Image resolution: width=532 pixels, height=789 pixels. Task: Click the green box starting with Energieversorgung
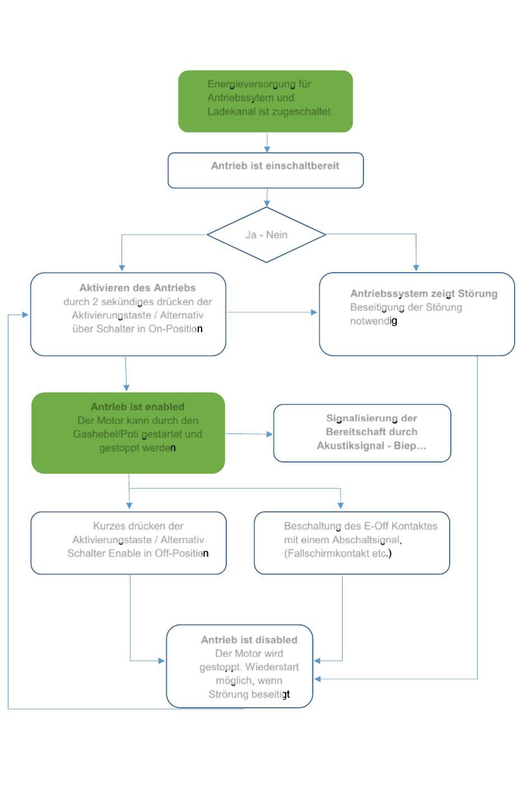[265, 101]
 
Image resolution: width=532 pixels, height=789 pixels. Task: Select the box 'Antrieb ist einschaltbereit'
[265, 170]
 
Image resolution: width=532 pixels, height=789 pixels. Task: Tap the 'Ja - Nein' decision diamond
[267, 235]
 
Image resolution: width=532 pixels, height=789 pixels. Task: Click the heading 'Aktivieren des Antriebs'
[137, 288]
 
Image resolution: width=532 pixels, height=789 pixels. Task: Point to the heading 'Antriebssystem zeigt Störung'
[424, 293]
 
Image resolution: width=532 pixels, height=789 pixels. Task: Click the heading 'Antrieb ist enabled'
[137, 407]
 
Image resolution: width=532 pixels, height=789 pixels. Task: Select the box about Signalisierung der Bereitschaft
[362, 433]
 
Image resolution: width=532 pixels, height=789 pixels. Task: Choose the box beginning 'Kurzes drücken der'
[129, 543]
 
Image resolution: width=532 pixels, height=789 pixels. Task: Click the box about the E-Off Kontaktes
[352, 543]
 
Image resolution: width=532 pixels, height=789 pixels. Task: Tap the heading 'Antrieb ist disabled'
[249, 639]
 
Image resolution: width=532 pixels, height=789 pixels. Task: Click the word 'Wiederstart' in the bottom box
[272, 667]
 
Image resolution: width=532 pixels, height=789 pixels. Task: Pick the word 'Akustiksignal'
[351, 446]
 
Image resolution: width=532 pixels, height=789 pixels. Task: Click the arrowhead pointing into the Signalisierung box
[270, 435]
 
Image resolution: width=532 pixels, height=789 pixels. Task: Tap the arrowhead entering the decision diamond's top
[267, 204]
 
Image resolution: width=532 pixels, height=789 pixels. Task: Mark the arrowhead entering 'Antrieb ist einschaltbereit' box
[267, 150]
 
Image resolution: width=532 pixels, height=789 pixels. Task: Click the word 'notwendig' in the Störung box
[374, 321]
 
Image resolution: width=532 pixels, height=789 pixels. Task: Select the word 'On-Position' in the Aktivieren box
[175, 329]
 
